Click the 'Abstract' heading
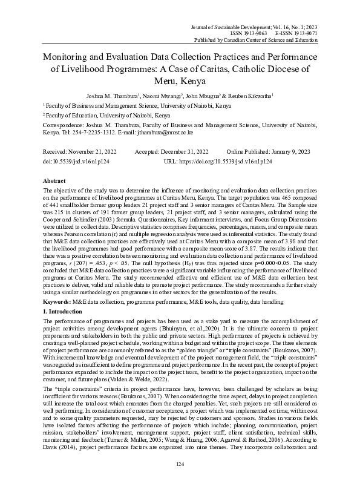53,181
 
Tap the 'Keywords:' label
59,301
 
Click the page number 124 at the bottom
180,463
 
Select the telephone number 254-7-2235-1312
90,131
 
